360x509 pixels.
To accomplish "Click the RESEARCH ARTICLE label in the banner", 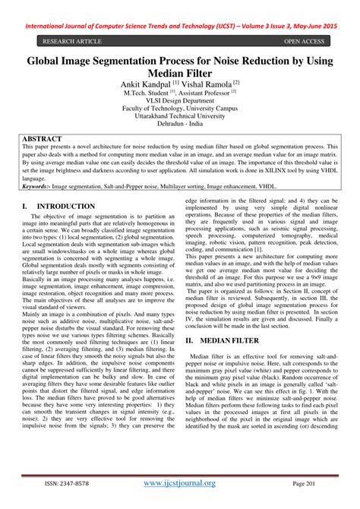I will coord(74,41).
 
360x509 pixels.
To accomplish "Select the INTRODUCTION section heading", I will coord(66,207).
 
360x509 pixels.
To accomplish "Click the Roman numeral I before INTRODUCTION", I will coord(25,207).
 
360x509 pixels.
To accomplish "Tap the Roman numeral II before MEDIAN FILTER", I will coord(190,342).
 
